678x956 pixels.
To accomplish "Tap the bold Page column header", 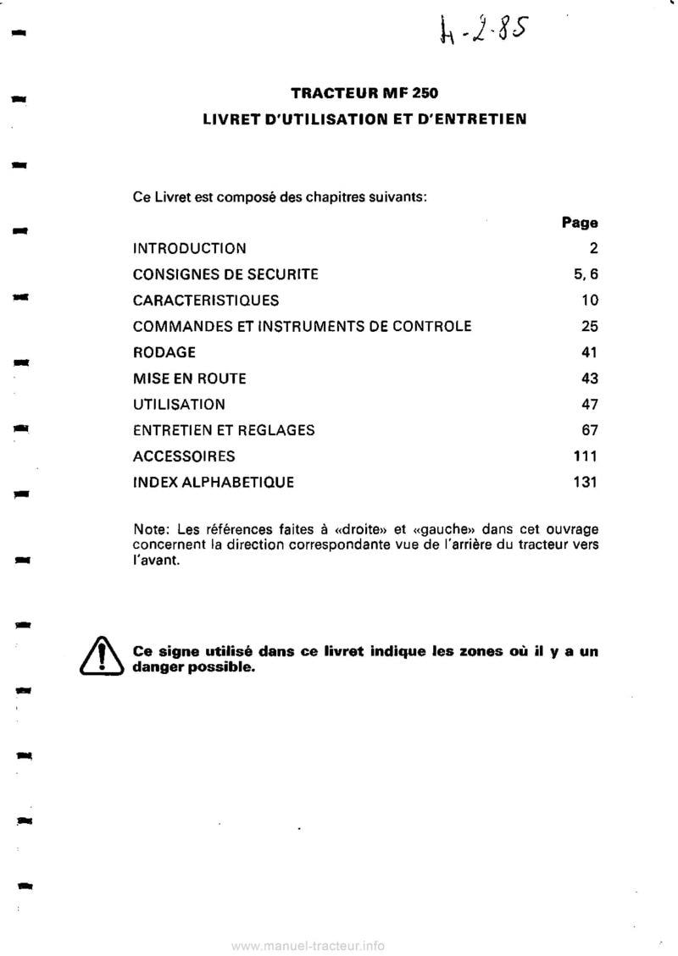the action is (580, 223).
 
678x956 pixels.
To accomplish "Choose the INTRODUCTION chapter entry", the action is (190, 248).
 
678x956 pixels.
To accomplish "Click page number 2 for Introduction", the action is (593, 248).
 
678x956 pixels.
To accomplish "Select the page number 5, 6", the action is (586, 274).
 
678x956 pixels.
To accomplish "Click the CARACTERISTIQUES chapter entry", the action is (206, 300).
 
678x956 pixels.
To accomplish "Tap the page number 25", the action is (590, 326).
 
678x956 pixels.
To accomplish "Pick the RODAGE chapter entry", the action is (164, 352).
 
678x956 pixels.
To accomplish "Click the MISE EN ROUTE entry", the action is (190, 379).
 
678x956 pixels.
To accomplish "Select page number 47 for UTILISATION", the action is (590, 404).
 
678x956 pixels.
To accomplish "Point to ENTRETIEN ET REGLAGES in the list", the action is (224, 430).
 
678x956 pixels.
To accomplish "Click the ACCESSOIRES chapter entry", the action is (184, 456).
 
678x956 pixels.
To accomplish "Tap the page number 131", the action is (586, 483).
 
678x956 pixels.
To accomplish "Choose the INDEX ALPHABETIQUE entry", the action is (214, 483).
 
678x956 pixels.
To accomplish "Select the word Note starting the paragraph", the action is (148, 530).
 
